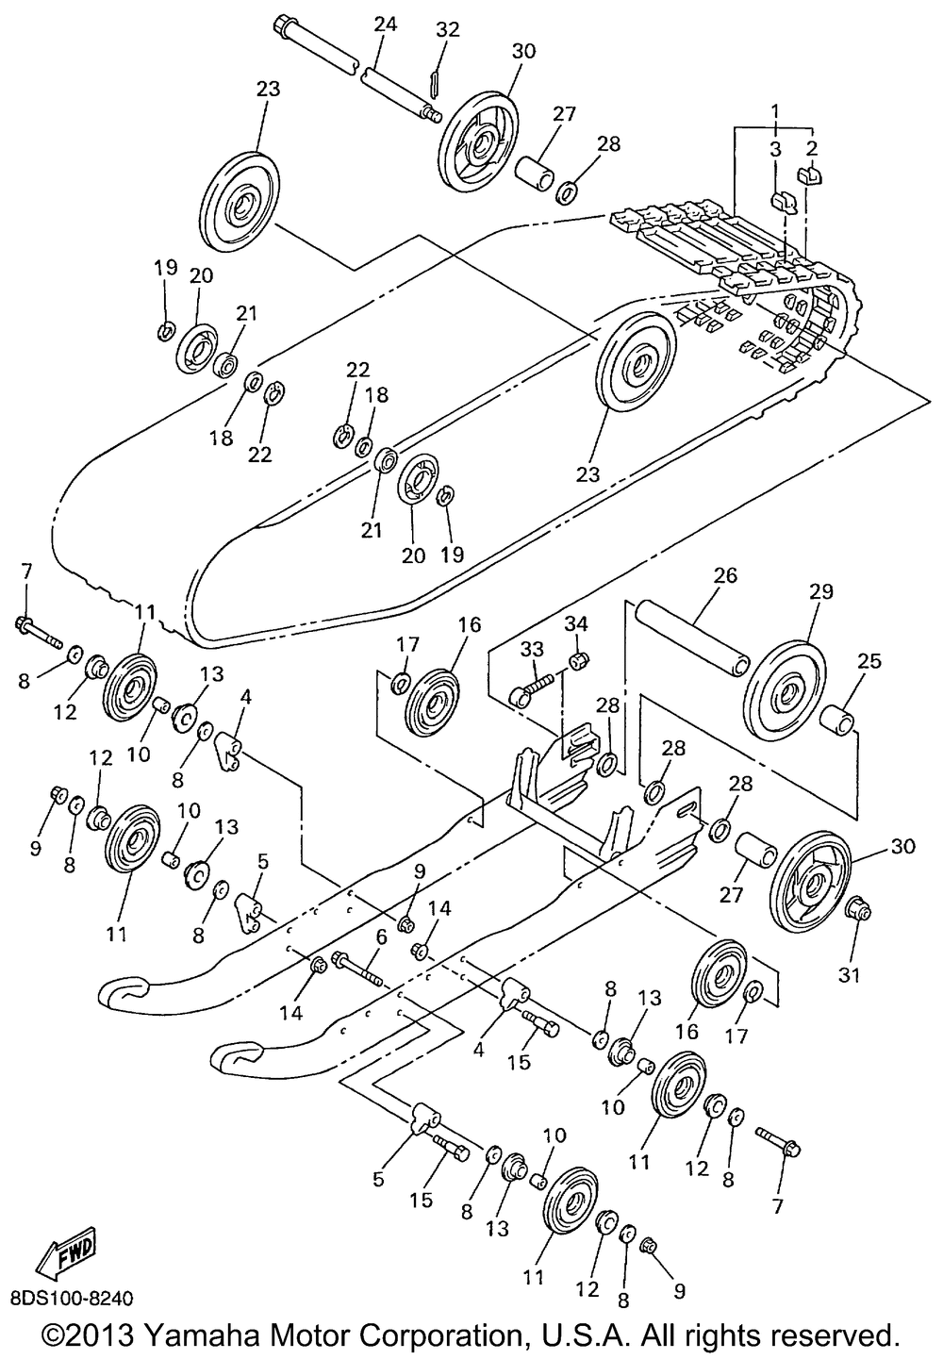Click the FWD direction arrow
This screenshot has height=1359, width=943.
coord(65,1254)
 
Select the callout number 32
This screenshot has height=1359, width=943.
coord(447,29)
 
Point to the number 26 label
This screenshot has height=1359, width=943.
coord(726,575)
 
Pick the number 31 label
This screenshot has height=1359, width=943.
coord(850,975)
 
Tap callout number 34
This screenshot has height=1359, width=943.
coord(576,623)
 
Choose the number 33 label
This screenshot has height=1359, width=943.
coord(533,650)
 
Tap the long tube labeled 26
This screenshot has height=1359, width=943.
coord(694,638)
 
